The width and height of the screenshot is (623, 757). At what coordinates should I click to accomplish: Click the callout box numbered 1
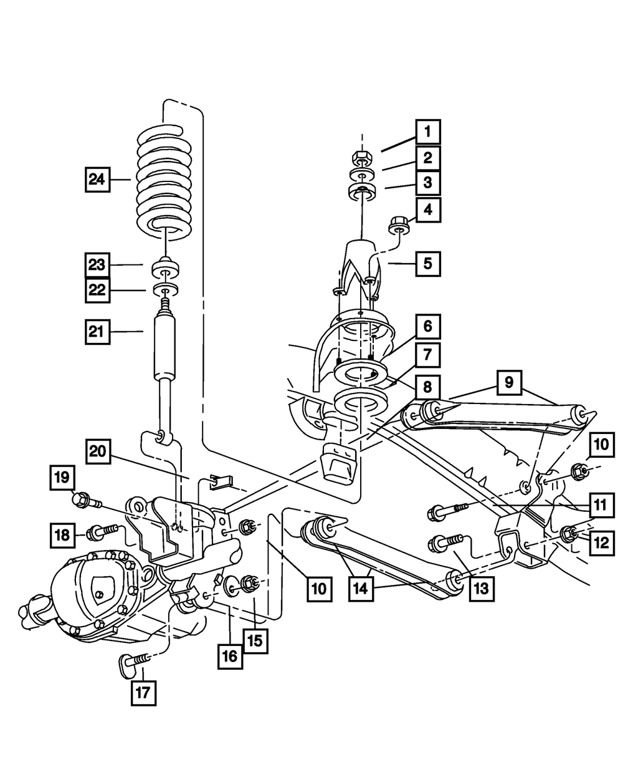coord(427,132)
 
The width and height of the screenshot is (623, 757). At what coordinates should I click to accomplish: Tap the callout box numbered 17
coord(143,692)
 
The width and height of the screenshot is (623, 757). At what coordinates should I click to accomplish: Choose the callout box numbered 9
coord(509,382)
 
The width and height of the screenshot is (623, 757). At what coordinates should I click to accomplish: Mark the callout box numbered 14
coord(361,589)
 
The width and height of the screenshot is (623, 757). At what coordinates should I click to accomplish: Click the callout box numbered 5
coord(427,263)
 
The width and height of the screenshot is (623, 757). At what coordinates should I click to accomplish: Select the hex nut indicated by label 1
coord(362,155)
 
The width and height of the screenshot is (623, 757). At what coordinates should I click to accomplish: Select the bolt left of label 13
coord(445,544)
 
